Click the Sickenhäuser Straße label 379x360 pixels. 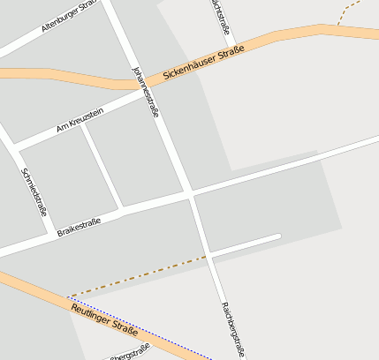click(203, 65)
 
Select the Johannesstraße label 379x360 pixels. click(146, 91)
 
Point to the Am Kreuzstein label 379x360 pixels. click(80, 120)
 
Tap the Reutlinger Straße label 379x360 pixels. click(104, 319)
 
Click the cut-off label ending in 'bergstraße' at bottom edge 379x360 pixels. click(129, 356)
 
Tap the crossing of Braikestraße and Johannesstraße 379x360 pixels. click(190, 192)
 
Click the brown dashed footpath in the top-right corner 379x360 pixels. click(351, 11)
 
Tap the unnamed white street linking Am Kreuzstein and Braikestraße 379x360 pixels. click(102, 167)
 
